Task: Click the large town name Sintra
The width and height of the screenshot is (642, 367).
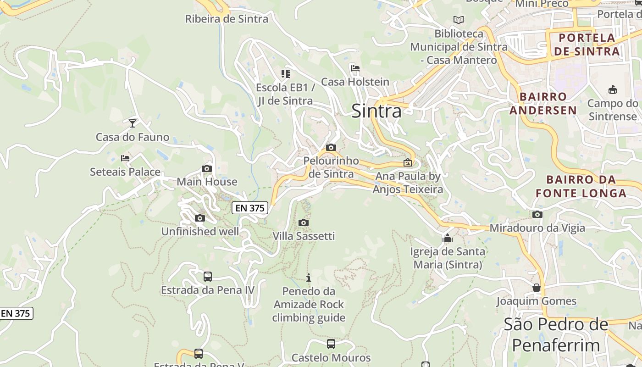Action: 376,111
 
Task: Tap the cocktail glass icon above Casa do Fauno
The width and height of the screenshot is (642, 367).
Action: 133,123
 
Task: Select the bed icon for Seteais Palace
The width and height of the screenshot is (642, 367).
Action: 125,158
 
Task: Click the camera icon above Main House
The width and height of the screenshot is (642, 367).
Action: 207,168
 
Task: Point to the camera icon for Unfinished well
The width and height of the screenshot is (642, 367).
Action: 199,218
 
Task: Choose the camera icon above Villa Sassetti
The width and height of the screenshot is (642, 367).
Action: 303,222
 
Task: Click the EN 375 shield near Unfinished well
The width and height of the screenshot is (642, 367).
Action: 249,208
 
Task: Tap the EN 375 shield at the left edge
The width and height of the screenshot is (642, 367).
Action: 16,313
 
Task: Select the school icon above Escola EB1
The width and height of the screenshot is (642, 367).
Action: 286,73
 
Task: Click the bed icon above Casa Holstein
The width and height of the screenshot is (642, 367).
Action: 355,68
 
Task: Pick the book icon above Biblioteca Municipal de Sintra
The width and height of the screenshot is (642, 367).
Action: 458,20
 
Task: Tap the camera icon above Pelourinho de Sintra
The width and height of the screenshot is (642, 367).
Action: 331,147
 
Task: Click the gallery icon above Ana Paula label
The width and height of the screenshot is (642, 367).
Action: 407,162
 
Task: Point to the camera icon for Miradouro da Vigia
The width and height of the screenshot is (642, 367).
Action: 537,214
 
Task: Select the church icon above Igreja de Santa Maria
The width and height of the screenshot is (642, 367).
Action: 447,238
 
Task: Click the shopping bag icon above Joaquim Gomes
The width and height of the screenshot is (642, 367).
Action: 537,288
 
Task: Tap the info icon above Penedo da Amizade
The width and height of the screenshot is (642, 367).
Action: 309,278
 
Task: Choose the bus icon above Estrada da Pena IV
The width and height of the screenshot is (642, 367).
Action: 207,276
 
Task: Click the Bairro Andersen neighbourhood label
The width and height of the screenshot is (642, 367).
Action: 543,103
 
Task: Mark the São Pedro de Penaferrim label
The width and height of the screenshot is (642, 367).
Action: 556,334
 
